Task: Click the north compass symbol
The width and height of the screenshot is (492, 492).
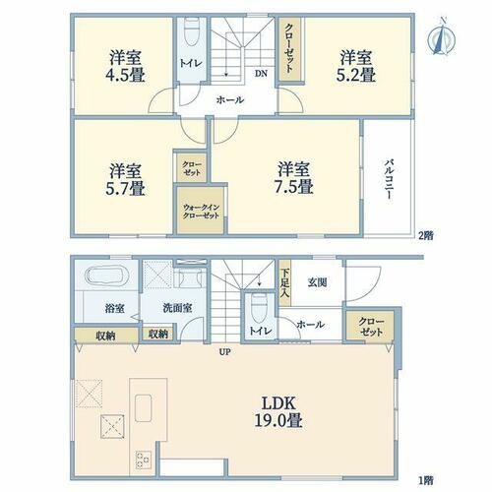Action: coord(442,38)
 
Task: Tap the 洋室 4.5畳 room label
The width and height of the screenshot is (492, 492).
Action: coord(125,66)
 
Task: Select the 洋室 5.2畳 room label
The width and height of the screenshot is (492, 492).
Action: coord(356,66)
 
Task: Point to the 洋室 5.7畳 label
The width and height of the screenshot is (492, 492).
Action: coord(125,179)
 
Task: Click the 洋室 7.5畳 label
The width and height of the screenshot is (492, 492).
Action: coord(293,177)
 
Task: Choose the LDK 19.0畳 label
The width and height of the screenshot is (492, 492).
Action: coord(278,411)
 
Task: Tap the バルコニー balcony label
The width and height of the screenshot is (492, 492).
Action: coord(390,179)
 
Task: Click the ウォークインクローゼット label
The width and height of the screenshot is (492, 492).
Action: coord(201,212)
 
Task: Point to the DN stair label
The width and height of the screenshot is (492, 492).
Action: coord(261,74)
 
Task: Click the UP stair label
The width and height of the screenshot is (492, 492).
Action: coord(225,352)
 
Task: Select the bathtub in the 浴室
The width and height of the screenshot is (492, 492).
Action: coord(106,276)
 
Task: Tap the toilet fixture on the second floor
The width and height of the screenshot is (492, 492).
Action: coord(192,31)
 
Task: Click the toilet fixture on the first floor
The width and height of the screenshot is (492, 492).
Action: coord(259,306)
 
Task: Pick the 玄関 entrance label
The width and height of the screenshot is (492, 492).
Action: coord(317,282)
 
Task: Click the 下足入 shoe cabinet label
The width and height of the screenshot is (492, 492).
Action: coord(285,283)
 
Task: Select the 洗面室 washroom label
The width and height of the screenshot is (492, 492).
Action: coord(177,308)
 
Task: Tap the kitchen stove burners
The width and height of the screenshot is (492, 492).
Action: coord(144,460)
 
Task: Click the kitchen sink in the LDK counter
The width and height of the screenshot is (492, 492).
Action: coord(143,408)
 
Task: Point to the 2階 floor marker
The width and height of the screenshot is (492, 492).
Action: coord(426,235)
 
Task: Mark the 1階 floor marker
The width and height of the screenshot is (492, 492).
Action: coord(426,481)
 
